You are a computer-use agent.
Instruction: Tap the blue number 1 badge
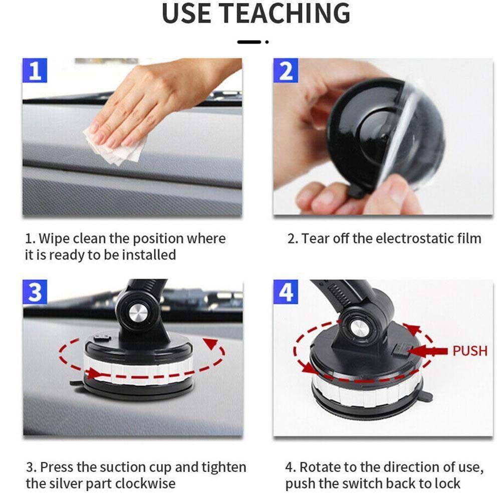point(35,71)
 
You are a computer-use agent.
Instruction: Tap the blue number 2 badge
point(286,71)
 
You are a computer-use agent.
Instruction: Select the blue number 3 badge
point(35,293)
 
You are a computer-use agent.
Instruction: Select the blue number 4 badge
point(286,293)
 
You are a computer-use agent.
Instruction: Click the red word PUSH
point(469,351)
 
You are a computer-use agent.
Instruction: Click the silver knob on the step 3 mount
point(136,313)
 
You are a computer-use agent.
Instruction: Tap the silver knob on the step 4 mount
point(359,328)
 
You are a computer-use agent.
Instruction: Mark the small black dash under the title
point(249,42)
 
